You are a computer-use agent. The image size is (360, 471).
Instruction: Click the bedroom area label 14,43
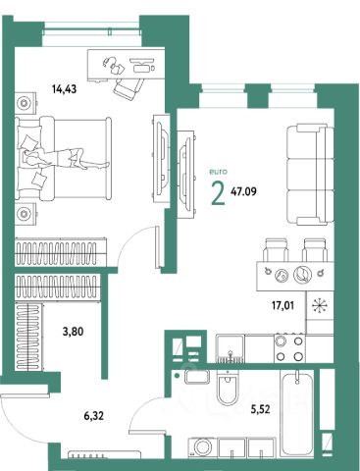[65, 88]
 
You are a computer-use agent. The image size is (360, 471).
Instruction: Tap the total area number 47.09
[243, 191]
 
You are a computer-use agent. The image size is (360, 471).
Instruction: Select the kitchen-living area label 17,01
[283, 306]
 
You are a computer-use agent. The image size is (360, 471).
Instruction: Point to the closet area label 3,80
[73, 332]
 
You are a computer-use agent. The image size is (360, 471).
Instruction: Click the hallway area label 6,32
[94, 416]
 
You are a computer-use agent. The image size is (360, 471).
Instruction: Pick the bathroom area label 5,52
[261, 409]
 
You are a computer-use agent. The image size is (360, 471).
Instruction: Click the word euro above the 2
[218, 172]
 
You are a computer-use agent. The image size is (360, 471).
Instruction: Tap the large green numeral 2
[219, 193]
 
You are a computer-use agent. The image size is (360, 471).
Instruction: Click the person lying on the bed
[66, 158]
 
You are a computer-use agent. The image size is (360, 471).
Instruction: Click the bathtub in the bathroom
[297, 414]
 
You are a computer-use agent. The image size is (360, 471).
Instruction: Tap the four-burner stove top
[289, 348]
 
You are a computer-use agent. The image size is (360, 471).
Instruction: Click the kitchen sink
[230, 348]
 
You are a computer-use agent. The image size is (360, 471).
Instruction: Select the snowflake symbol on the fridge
[318, 305]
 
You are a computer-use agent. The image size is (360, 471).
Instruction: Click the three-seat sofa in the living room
[310, 175]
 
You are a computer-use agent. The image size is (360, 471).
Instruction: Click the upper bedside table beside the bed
[26, 103]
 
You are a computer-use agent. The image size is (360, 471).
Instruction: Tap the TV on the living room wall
[186, 175]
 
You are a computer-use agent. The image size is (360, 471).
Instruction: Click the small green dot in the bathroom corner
[178, 376]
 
